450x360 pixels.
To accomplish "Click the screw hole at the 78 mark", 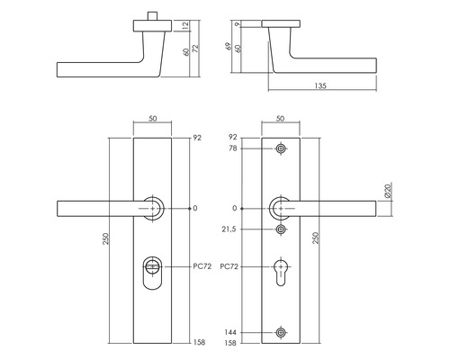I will click(283, 148).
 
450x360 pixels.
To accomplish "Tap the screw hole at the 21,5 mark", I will click(283, 230).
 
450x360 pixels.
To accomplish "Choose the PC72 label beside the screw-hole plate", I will click(229, 267).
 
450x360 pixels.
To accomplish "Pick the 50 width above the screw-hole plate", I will click(282, 119).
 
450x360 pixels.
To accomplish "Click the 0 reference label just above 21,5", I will click(236, 209).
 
